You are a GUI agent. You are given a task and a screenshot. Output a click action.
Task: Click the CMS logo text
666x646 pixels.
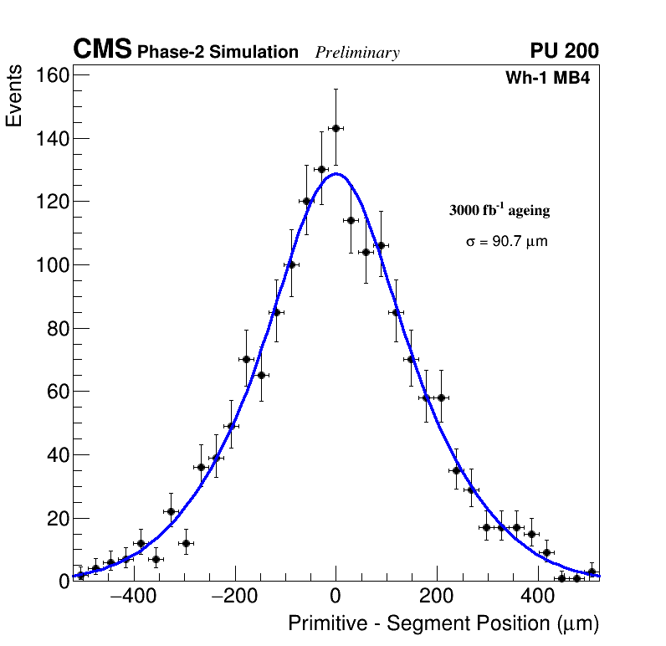tap(102, 50)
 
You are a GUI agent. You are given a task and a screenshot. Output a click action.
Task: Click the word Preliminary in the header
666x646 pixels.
tap(357, 53)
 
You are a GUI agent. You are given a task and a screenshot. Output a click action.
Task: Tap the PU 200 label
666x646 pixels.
tap(564, 51)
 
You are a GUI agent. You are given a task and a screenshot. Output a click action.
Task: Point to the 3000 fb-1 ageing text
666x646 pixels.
tap(499, 210)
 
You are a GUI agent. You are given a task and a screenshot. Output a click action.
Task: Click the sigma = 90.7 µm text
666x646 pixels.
tap(506, 242)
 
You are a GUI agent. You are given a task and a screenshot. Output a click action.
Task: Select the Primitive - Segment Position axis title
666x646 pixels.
tap(443, 624)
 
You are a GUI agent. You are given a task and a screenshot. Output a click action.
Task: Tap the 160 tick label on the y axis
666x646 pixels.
tap(53, 75)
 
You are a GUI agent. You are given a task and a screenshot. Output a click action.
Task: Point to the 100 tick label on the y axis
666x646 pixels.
tap(53, 265)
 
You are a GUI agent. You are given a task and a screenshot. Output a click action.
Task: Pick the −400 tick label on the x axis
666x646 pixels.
tap(133, 597)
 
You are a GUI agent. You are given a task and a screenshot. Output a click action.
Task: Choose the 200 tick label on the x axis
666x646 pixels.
tap(436, 597)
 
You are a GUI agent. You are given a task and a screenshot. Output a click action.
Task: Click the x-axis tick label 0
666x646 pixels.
tap(336, 597)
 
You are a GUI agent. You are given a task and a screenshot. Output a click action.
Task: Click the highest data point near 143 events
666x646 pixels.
tap(336, 128)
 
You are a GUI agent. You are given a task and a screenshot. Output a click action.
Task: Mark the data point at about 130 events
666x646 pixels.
tap(320, 169)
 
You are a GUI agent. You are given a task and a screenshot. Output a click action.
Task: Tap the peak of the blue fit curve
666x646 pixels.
tap(336, 174)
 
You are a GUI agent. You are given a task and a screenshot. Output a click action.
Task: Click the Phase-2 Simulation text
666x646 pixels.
tap(218, 53)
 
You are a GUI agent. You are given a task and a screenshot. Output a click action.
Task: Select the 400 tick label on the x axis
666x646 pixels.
tap(536, 597)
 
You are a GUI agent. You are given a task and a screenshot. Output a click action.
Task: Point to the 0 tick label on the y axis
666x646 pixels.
tap(64, 582)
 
